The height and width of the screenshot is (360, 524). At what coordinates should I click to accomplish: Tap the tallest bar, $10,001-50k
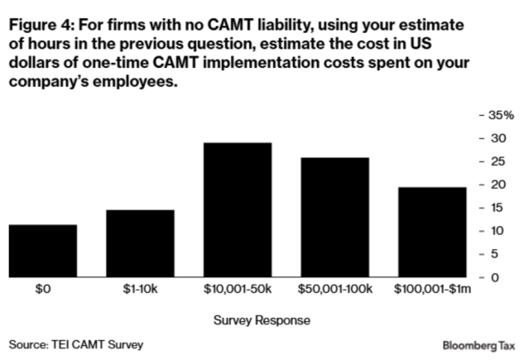(238, 210)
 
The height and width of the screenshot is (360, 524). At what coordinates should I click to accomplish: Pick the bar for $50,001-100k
(334, 217)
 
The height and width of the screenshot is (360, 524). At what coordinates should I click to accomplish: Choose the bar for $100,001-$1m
(432, 232)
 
